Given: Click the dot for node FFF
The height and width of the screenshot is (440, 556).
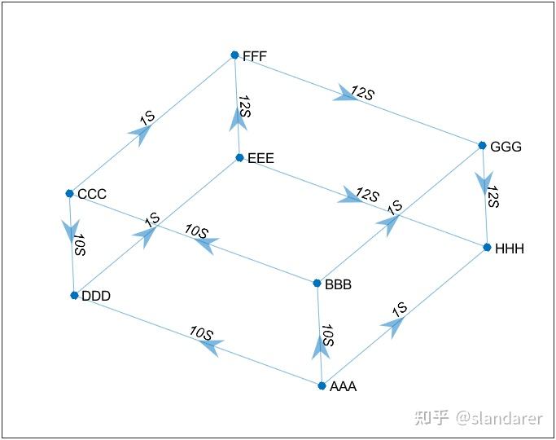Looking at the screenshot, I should [x=234, y=55].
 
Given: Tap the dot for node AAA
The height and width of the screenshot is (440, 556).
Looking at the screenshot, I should [x=322, y=385].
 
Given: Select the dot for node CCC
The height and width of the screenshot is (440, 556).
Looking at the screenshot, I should [x=70, y=193].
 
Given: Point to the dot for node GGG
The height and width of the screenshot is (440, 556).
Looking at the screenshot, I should [x=482, y=146].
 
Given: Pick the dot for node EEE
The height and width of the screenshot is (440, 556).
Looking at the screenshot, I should [x=239, y=157].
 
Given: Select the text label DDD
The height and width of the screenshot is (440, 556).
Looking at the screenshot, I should [x=96, y=297].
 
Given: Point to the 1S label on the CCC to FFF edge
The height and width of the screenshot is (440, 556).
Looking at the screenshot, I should [x=147, y=117].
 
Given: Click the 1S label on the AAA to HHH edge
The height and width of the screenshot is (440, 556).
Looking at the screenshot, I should [x=399, y=309].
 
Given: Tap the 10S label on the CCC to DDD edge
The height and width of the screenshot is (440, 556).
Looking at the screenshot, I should [x=79, y=245].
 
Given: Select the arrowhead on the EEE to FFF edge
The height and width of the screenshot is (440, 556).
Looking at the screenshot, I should [x=238, y=121].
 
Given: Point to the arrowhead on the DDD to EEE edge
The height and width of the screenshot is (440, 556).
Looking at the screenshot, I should [x=146, y=235].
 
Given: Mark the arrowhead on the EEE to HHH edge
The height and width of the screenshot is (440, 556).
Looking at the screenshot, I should [x=350, y=196].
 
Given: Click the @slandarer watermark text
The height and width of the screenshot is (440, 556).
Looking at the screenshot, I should [x=498, y=418].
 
